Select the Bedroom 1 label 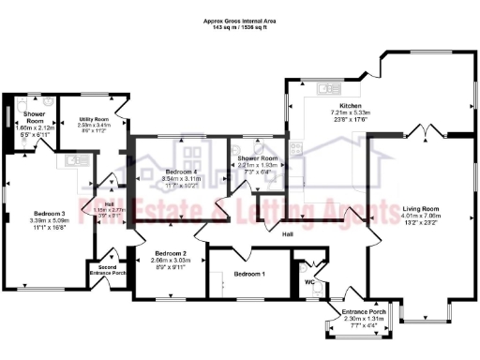(x=249, y=273)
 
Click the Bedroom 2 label (x=165, y=254)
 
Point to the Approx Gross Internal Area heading (x=240, y=20)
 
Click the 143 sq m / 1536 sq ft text (x=240, y=28)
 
